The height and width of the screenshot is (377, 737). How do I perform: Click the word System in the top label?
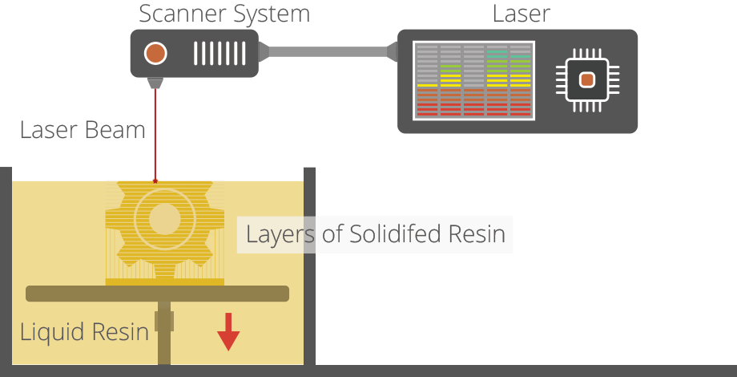point(270,14)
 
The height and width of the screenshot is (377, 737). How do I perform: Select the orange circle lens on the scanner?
point(155,54)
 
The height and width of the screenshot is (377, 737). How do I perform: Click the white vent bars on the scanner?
point(219,54)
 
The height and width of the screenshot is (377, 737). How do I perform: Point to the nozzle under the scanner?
point(155,82)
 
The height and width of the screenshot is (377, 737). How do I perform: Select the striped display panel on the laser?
point(473,80)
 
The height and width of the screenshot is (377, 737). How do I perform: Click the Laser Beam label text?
point(83,130)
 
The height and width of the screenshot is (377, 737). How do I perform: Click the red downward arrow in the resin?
point(228,332)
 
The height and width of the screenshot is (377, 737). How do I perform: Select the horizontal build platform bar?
point(157,294)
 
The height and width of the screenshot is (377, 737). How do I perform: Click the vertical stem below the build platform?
point(164,341)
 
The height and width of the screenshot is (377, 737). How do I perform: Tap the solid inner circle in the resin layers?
point(165,219)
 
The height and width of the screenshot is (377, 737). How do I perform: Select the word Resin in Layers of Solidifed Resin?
point(478,234)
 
